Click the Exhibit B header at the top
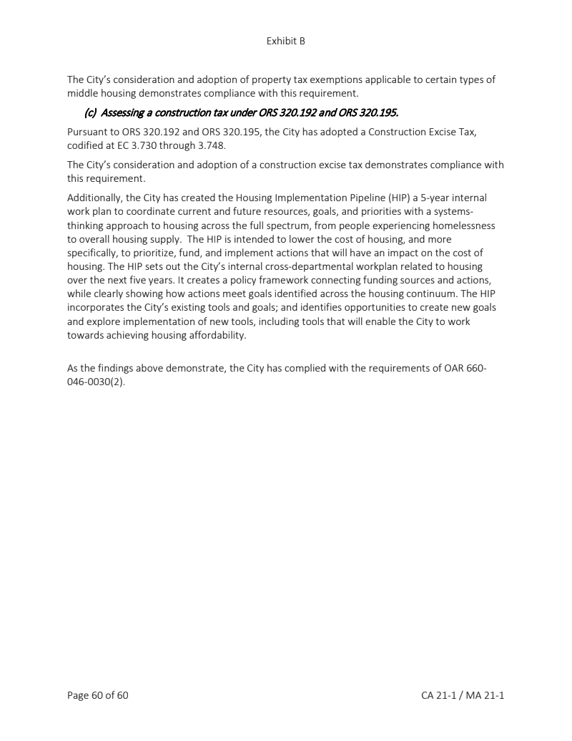click(x=285, y=41)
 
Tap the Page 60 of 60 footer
click(x=98, y=694)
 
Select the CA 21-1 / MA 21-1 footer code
click(x=463, y=694)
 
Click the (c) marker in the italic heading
click(x=91, y=112)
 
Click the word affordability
click(x=214, y=335)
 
